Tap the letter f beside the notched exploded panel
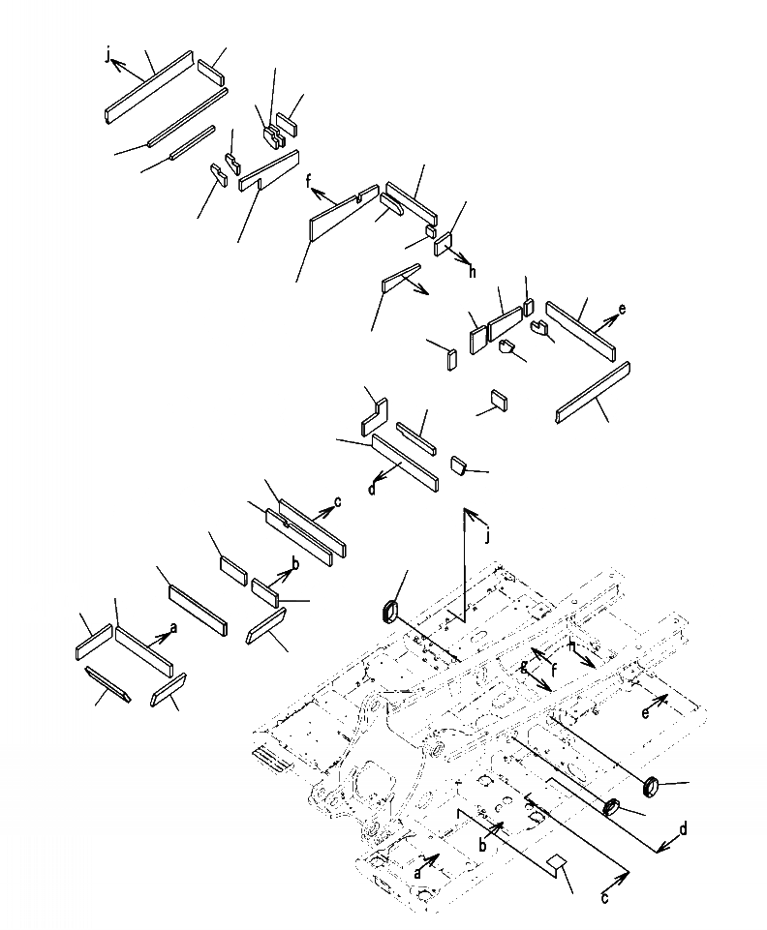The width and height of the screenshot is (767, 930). [309, 181]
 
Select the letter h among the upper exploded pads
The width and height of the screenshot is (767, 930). [473, 273]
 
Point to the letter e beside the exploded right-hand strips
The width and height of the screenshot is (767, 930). [622, 310]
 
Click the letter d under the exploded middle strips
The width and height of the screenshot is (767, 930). [372, 489]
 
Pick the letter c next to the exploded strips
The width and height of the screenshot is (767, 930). [337, 501]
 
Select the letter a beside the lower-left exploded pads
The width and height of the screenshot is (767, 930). [174, 628]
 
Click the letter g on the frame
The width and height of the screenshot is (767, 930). [524, 665]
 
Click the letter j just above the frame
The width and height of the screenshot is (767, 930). [487, 533]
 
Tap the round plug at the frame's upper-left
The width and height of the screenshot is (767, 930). [387, 611]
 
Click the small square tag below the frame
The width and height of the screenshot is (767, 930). [555, 864]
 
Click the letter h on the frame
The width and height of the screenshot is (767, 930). [572, 645]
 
